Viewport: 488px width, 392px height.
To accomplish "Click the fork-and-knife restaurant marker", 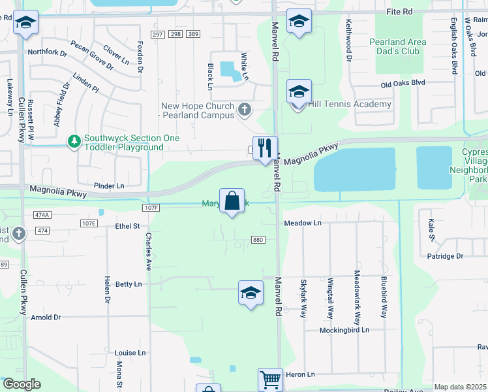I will [x=265, y=148].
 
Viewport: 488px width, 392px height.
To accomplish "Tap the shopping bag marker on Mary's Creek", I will [x=232, y=201].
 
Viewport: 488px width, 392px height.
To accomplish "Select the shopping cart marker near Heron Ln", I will [x=270, y=378].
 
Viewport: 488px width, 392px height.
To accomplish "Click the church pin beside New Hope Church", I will [x=245, y=110].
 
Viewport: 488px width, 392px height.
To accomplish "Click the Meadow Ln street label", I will [x=303, y=223].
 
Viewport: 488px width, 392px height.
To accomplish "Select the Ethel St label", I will [x=127, y=226].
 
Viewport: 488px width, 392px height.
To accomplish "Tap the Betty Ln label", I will [x=128, y=284].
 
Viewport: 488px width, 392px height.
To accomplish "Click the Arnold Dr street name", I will [x=46, y=318].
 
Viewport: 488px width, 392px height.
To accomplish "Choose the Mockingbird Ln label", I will [x=344, y=330].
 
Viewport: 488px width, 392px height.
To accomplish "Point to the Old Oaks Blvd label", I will [x=403, y=83].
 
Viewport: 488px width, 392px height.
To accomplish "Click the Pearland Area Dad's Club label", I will [x=398, y=46].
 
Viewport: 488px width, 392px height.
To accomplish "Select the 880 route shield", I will [x=257, y=240].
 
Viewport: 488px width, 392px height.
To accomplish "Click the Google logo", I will [x=22, y=384].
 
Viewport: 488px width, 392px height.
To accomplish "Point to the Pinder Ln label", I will [x=108, y=186].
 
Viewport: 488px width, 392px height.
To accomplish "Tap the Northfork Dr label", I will [x=47, y=52].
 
